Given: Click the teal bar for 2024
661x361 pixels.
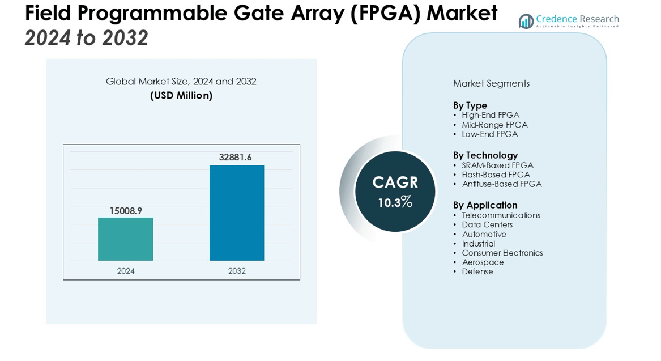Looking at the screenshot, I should [x=125, y=239].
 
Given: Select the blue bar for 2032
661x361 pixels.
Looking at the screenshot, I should [x=237, y=213].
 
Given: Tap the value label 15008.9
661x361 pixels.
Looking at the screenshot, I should [x=126, y=211].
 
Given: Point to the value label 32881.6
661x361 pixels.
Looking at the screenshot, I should [x=235, y=158].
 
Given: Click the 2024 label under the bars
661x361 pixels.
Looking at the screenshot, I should [x=126, y=271].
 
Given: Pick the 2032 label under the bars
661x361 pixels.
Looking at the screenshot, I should [x=237, y=271].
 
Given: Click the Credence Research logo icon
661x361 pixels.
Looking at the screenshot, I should [x=526, y=22].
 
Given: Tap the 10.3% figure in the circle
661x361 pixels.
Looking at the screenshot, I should [x=395, y=202].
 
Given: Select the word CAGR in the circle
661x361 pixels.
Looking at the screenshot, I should [x=395, y=182].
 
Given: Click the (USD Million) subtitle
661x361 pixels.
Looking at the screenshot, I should [x=181, y=96].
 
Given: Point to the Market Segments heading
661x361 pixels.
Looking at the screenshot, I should [x=491, y=83].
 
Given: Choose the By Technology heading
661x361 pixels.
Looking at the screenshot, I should [x=485, y=155].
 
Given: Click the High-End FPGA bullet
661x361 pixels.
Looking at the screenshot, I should [x=490, y=115].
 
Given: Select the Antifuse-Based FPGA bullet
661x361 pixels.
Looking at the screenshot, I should [x=501, y=184].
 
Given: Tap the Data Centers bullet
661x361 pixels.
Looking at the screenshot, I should [x=487, y=225].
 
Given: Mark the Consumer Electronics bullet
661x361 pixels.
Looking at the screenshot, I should [x=502, y=253].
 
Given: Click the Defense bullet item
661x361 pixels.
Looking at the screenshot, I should [x=477, y=272].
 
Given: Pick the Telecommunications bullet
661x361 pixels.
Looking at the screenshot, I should [x=501, y=215].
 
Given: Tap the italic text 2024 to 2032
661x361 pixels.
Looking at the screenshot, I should [x=86, y=38].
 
